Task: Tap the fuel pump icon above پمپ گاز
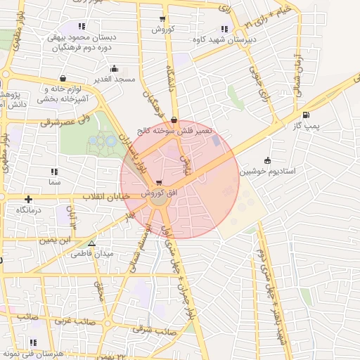click(305, 115)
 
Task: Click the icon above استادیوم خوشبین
click(266, 161)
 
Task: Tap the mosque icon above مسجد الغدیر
click(114, 69)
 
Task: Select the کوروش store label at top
click(162, 30)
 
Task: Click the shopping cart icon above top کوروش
click(162, 20)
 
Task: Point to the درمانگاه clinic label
click(30, 210)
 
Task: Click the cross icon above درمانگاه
click(29, 200)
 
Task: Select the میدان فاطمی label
click(89, 254)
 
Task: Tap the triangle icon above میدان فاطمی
click(91, 244)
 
